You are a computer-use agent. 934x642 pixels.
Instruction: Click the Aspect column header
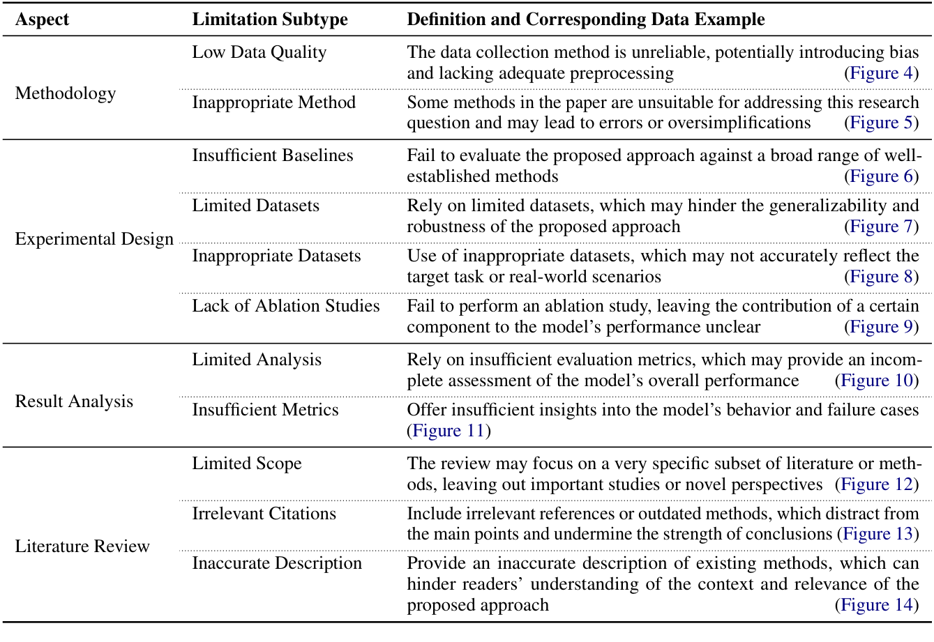point(42,19)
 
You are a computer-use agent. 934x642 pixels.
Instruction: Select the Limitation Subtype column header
point(270,19)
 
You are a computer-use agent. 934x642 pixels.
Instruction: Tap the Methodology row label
point(66,93)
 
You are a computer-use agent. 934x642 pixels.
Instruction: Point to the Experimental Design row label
point(94,239)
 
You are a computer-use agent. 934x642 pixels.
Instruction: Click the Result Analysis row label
point(74,402)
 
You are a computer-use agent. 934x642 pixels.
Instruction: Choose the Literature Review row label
point(82,546)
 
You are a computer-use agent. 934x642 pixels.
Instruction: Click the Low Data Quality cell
point(259,52)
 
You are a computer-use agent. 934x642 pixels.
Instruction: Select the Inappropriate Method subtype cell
point(274,102)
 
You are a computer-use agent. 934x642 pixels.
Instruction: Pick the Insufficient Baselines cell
point(273,155)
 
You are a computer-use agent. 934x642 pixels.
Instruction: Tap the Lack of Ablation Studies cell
point(286,306)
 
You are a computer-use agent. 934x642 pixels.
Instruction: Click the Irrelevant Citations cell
point(264,514)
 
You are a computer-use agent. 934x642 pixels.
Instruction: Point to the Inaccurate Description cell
point(277,563)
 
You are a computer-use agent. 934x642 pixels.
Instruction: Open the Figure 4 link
point(882,73)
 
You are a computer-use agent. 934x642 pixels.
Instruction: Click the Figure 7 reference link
point(882,227)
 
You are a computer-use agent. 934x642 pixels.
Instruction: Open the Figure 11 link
point(449,431)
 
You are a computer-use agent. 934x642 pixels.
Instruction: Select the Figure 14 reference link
point(877,604)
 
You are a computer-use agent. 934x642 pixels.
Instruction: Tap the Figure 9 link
point(882,327)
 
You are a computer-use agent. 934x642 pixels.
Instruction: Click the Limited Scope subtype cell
point(247,464)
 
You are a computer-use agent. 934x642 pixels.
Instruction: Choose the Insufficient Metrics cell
point(265,410)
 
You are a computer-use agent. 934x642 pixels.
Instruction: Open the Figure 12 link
point(877,484)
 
